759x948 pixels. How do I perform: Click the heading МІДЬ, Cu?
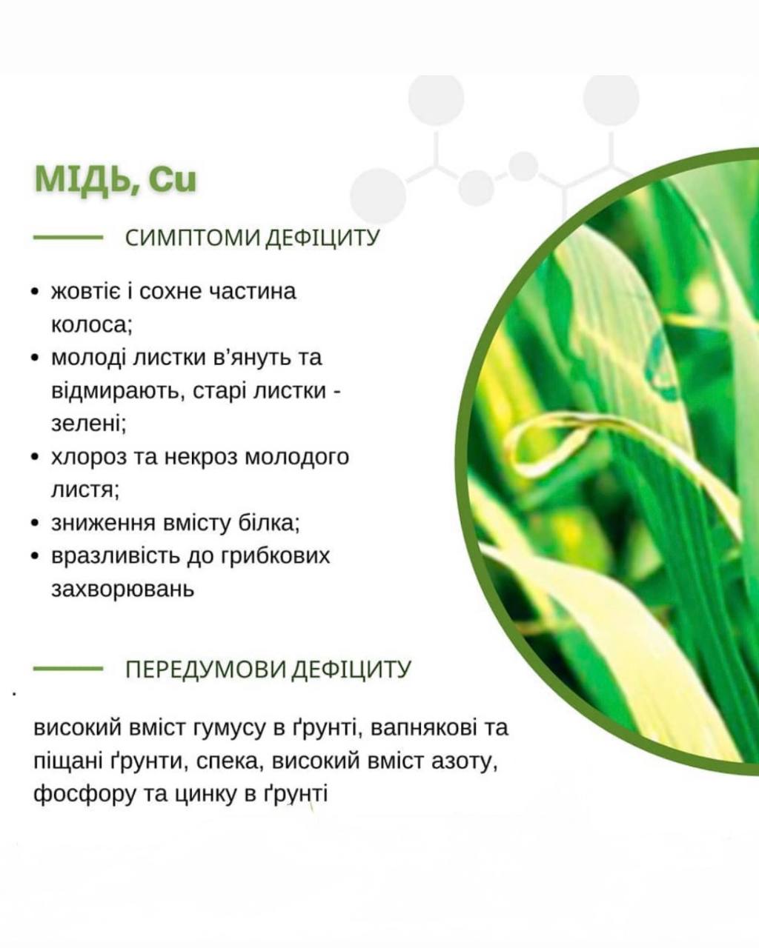pos(116,180)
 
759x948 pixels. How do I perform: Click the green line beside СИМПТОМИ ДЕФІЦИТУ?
pos(68,238)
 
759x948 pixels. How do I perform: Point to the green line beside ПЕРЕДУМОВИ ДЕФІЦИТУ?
pos(68,669)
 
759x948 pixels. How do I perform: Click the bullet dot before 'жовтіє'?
pos(36,292)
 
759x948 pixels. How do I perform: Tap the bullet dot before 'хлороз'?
pos(36,457)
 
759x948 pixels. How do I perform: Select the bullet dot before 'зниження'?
pos(36,523)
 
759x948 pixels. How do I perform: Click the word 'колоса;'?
pos(92,325)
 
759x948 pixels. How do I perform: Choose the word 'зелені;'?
pos(89,424)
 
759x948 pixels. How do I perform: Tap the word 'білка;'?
pos(270,523)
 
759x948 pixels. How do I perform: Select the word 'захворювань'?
pos(122,590)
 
